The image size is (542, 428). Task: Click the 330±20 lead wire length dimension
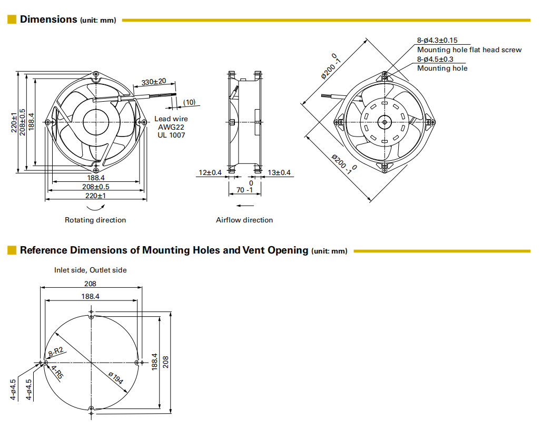[x=154, y=82]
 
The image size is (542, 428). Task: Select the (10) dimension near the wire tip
[x=189, y=102]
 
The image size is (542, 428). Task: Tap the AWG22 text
[x=170, y=127]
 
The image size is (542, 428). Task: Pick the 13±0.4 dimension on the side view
[x=279, y=172]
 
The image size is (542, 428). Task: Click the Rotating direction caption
[x=95, y=220]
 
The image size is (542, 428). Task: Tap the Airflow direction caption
[x=244, y=220]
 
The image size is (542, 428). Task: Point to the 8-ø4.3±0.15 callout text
[x=437, y=40]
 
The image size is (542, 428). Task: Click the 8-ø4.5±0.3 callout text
[x=435, y=59]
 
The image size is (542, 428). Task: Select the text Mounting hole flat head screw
[x=469, y=50]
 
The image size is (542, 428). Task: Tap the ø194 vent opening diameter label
[x=116, y=378]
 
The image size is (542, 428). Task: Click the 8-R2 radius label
[x=56, y=352]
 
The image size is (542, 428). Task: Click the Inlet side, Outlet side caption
[x=91, y=270]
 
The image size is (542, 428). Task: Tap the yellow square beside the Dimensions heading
[x=12, y=20]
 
